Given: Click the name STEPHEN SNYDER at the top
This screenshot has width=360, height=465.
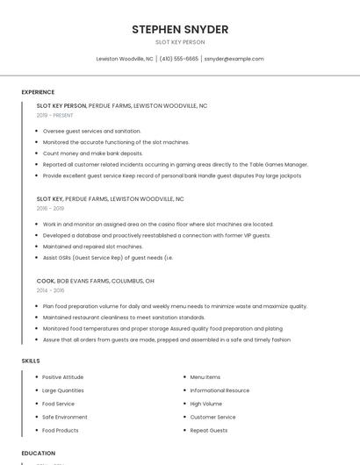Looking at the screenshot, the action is click(x=180, y=30).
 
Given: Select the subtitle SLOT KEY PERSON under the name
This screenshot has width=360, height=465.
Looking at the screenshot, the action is click(x=180, y=42).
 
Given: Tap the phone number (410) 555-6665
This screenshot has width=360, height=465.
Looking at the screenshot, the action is click(x=178, y=59).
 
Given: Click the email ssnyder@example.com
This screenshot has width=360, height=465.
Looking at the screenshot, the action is click(x=234, y=59).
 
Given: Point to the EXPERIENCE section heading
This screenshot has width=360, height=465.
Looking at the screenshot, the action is click(x=38, y=92).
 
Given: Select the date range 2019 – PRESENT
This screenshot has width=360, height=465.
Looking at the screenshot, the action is click(x=54, y=115).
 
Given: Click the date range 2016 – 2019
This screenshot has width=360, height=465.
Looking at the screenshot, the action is click(x=50, y=209).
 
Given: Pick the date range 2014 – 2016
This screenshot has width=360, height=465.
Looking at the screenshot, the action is click(x=50, y=290).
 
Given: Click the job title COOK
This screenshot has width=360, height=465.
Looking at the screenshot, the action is click(x=46, y=281).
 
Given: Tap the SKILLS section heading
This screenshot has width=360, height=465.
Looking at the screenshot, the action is click(x=31, y=361).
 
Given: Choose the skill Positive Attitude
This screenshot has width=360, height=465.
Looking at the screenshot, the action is click(x=63, y=377).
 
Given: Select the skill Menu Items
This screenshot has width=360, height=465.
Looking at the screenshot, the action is click(x=205, y=377).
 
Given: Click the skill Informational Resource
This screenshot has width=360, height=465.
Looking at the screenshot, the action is click(x=220, y=390).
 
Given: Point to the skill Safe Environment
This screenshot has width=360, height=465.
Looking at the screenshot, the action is click(x=65, y=417).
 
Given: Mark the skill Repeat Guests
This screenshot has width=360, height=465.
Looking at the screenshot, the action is click(x=209, y=430).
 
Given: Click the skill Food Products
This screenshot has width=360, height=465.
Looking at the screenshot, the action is click(x=61, y=430).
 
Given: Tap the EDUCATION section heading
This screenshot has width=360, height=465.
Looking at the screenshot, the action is click(x=39, y=453).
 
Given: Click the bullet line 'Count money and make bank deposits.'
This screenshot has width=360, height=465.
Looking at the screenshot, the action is click(x=93, y=153).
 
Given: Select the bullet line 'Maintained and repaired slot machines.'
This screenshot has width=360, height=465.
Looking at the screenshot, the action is click(x=93, y=247).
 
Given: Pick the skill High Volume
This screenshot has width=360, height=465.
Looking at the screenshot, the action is click(x=206, y=404).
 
